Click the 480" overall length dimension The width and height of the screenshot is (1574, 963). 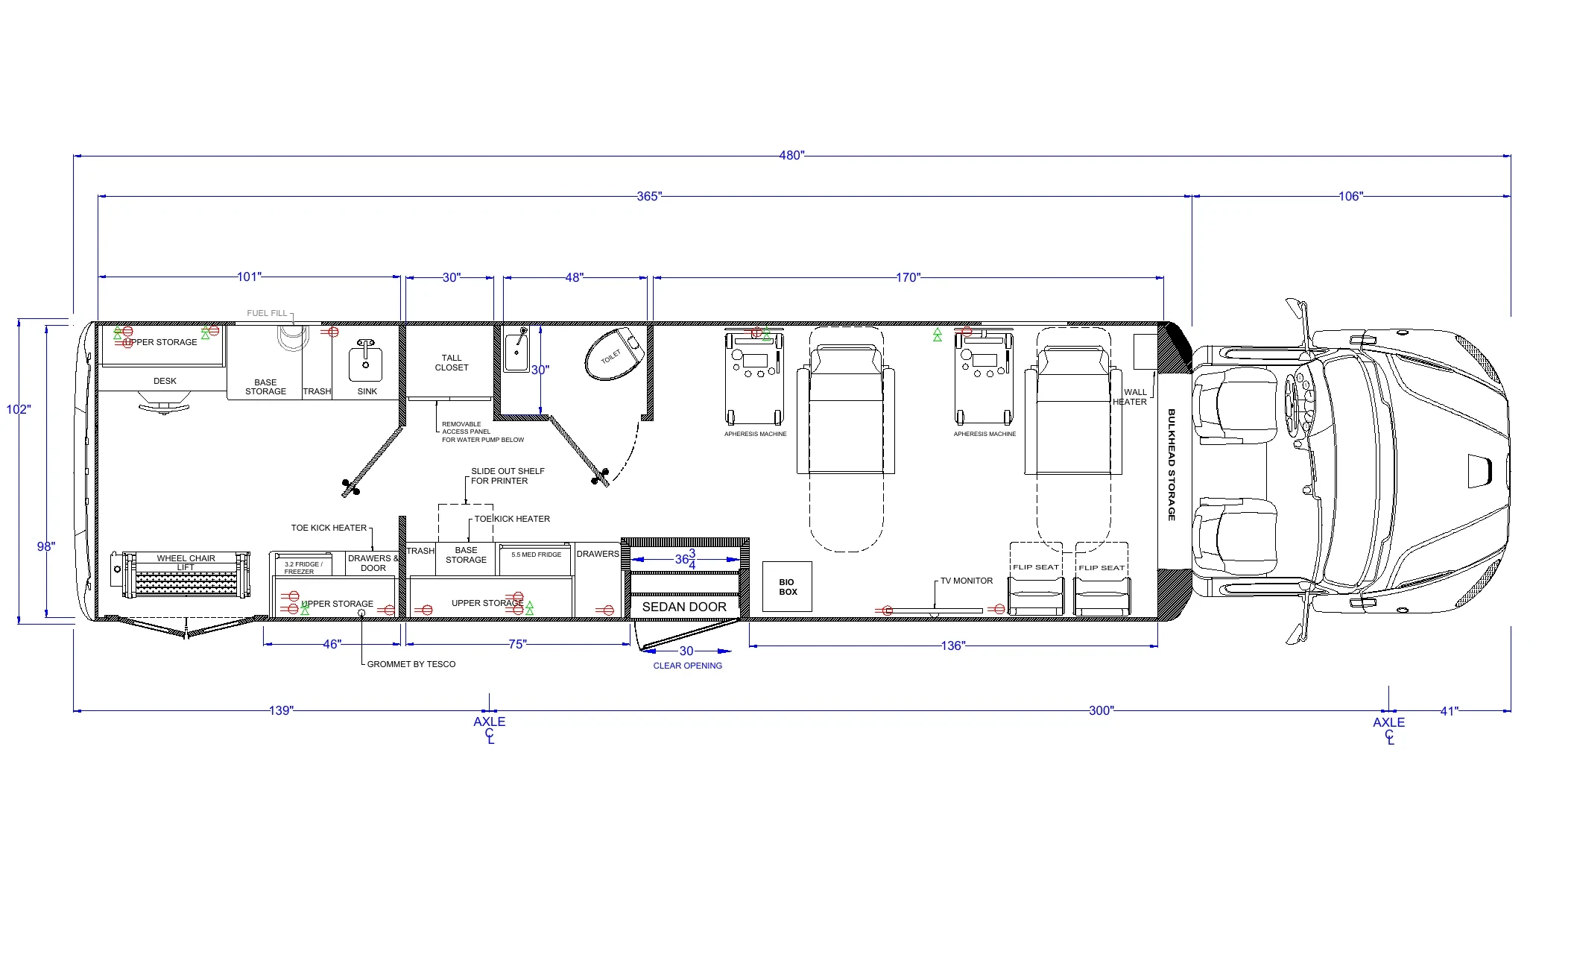click(x=791, y=155)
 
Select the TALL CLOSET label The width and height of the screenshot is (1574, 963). click(x=452, y=363)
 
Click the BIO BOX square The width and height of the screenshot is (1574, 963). click(x=787, y=587)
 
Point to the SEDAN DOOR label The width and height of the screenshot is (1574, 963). click(x=684, y=607)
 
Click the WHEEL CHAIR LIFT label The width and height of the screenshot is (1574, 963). click(x=186, y=562)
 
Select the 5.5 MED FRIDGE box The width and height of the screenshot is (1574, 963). click(x=536, y=555)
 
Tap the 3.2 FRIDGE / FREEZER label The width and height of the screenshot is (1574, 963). click(x=303, y=568)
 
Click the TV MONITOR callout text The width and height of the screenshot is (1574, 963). click(x=966, y=581)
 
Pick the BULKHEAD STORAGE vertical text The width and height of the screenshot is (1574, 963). click(x=1171, y=464)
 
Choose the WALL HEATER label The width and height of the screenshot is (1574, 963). click(x=1131, y=397)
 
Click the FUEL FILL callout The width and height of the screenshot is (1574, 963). click(x=267, y=313)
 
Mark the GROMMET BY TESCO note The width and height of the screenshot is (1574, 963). click(x=411, y=664)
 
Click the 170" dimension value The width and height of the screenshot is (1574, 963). click(x=907, y=277)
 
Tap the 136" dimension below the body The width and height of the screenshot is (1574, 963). click(x=952, y=645)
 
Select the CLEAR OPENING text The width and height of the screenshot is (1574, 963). click(x=687, y=666)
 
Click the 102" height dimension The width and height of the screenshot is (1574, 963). click(x=18, y=409)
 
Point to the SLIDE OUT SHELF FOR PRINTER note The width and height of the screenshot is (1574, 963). click(x=507, y=476)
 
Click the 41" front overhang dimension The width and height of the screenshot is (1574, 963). click(x=1448, y=711)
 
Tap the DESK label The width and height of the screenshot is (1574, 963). click(x=165, y=381)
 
